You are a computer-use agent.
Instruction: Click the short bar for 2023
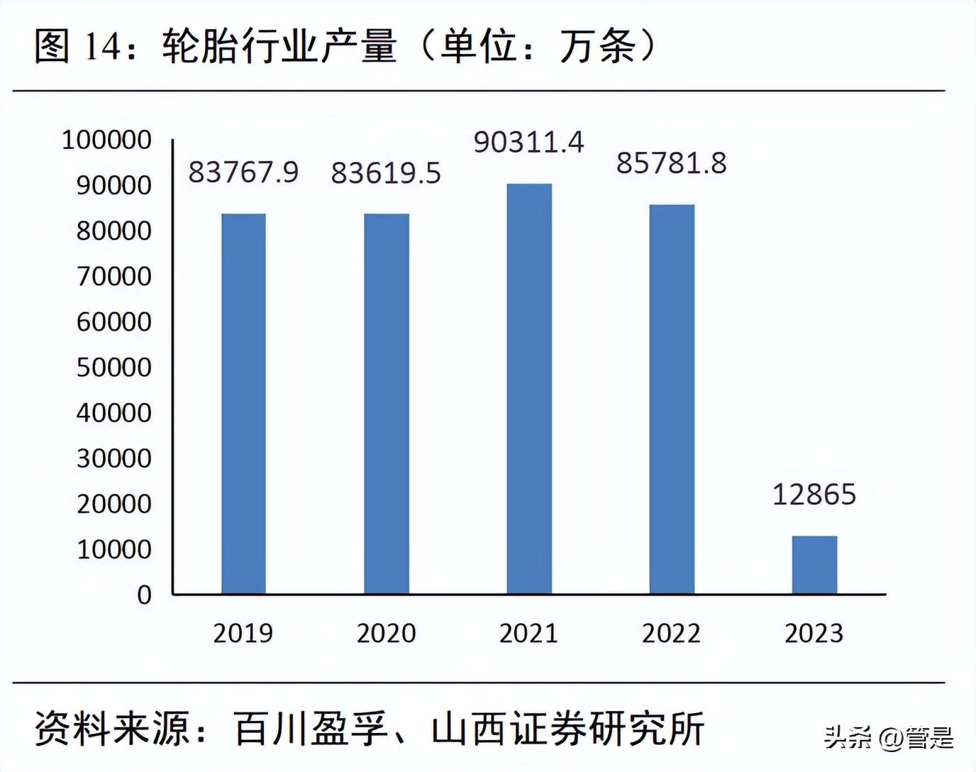[814, 565]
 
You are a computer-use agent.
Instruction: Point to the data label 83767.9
[243, 172]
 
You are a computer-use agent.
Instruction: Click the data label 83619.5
[386, 173]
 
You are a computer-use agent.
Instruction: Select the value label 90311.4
[528, 143]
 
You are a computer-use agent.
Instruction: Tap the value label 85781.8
[671, 163]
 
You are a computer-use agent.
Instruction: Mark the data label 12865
[814, 495]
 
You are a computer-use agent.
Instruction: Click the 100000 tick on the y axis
[106, 140]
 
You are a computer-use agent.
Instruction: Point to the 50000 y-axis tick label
[113, 368]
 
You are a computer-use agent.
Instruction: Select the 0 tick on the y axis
[144, 595]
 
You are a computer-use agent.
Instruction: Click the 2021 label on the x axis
[528, 633]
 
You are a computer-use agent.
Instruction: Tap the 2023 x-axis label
[814, 633]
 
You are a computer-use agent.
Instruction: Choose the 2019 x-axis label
[243, 633]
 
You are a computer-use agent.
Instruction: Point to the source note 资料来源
[369, 729]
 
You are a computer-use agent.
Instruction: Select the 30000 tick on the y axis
[113, 458]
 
